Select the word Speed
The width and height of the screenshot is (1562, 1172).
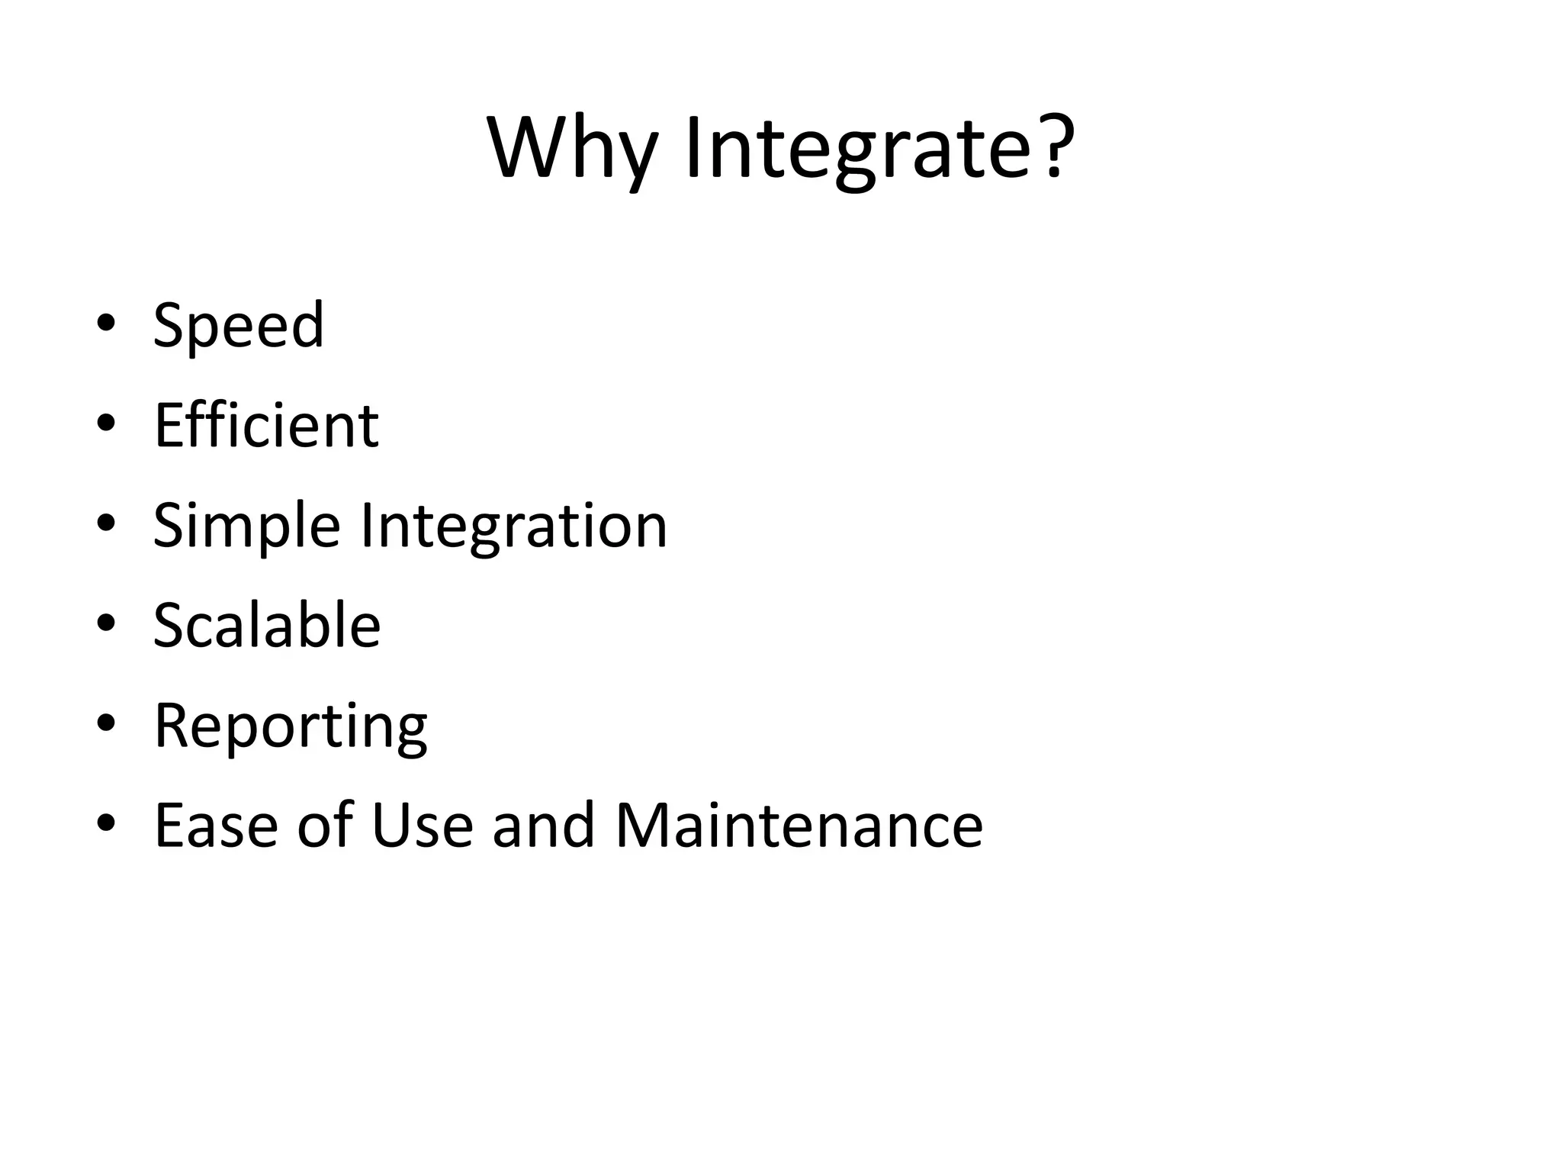coord(239,327)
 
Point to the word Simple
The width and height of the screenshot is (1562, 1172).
coord(246,526)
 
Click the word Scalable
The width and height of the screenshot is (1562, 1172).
coord(267,626)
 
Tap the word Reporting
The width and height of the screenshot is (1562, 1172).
coord(291,727)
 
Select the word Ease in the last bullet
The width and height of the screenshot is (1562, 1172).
coord(216,826)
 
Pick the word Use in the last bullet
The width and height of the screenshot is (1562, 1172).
coord(422,826)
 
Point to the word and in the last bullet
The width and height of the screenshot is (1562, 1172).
coord(543,826)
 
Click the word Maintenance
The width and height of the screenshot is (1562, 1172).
coord(799,826)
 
